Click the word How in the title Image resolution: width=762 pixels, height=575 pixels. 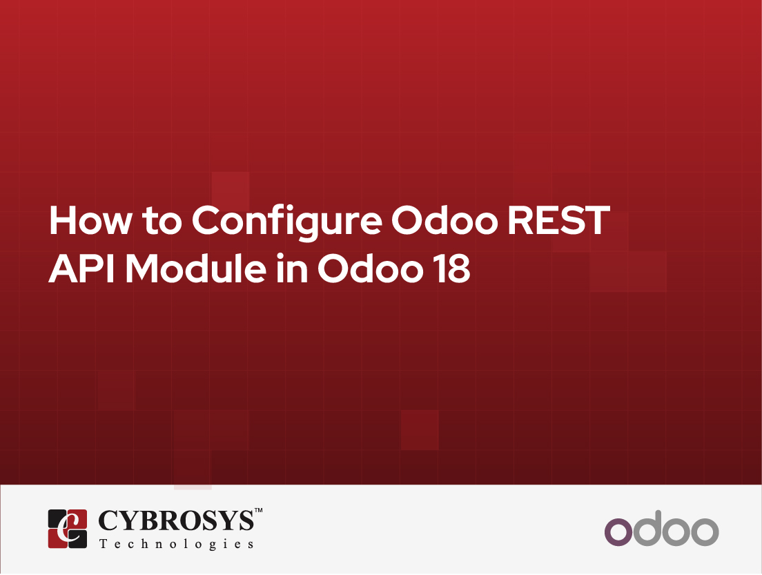coord(90,220)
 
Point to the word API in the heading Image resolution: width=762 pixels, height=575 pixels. coord(81,269)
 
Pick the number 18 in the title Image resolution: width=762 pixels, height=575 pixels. coord(453,269)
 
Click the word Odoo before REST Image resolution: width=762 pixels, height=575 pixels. coord(444,220)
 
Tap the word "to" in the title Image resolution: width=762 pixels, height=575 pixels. coord(162,221)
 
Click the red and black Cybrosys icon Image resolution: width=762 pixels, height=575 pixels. coord(68,529)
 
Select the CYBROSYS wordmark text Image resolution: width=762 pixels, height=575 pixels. coord(177,520)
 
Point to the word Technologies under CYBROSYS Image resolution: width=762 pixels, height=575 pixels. coord(177,544)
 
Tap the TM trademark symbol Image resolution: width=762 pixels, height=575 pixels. coord(259,510)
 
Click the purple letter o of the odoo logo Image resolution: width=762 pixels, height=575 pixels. coord(618,532)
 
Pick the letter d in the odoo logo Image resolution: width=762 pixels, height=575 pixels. coord(647,528)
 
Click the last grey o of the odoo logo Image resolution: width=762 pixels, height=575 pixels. coord(705,532)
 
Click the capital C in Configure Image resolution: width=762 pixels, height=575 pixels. coord(208,220)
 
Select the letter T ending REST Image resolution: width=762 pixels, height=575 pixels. coord(596,220)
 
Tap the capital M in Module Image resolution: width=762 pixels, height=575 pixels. coord(144,269)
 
